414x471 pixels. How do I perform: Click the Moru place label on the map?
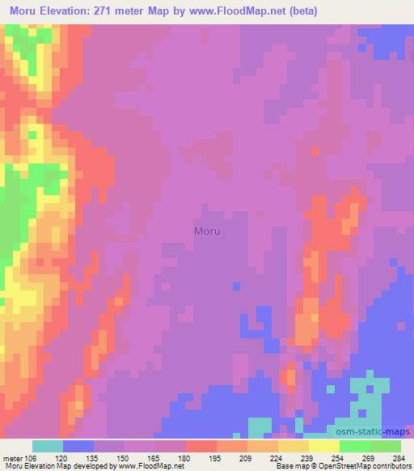tap(207, 231)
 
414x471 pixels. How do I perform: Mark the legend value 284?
tap(398, 457)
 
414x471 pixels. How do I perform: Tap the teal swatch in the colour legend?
tap(48, 446)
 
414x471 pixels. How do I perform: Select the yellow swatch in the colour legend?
tap(324, 446)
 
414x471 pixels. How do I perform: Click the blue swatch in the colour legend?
tap(78, 446)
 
